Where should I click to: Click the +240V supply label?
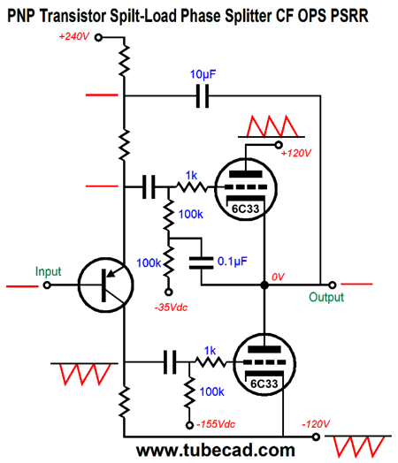coord(74,36)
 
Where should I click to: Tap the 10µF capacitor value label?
coord(203,74)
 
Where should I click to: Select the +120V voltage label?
coord(296,153)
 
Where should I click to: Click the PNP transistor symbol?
coord(106,285)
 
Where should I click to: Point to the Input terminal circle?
coord(47,285)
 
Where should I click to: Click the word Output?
coord(326,297)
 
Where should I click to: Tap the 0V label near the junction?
coord(278,277)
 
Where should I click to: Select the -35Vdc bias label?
coord(171,307)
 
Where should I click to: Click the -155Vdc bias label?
coord(216,424)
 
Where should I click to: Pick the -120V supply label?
coord(315,424)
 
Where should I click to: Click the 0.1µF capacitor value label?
coord(233,262)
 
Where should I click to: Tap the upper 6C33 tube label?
coord(245,209)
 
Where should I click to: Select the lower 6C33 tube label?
coord(264,383)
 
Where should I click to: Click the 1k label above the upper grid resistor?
coord(191,176)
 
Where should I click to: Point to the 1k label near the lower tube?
coord(210,351)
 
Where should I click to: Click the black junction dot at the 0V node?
coord(264,285)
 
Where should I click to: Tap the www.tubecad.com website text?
coord(216,451)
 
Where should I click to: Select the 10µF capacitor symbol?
coord(203,95)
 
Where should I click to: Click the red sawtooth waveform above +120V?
coord(272,126)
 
